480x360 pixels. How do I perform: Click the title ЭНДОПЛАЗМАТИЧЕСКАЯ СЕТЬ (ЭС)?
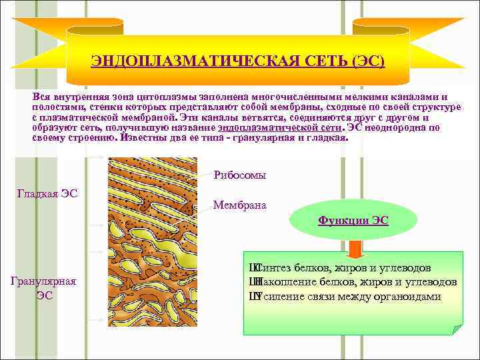tap(238, 62)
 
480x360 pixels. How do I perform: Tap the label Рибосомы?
tap(240, 175)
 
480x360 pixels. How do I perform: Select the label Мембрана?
tap(240, 205)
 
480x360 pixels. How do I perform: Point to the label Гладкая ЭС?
tap(47, 194)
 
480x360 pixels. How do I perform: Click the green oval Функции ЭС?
tap(353, 219)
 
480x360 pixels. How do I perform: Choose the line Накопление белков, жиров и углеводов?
tap(353, 282)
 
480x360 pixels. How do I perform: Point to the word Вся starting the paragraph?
tap(41, 96)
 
